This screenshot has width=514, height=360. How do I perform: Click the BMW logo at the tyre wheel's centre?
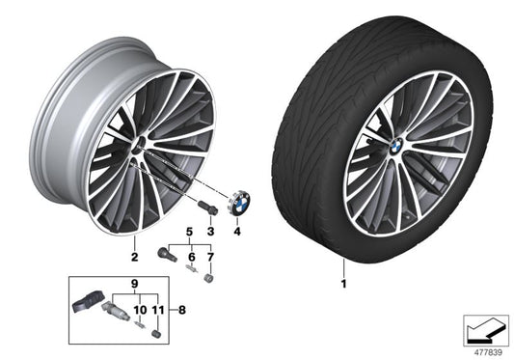click(395, 144)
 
